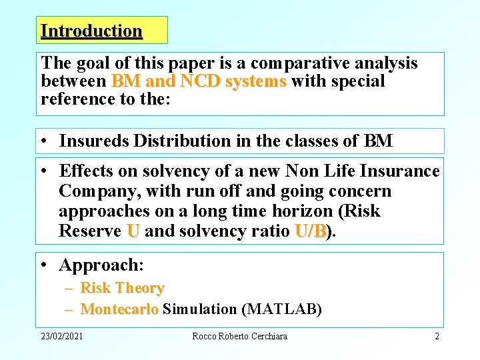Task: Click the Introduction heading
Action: point(91,31)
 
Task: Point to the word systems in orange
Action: point(256,81)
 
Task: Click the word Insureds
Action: point(94,141)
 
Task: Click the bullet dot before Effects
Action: point(44,171)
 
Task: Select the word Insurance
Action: point(398,171)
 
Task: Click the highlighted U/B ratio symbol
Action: point(311,231)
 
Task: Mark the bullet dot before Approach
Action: point(44,265)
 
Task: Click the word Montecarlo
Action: point(119,309)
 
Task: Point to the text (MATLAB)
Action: point(281,309)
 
